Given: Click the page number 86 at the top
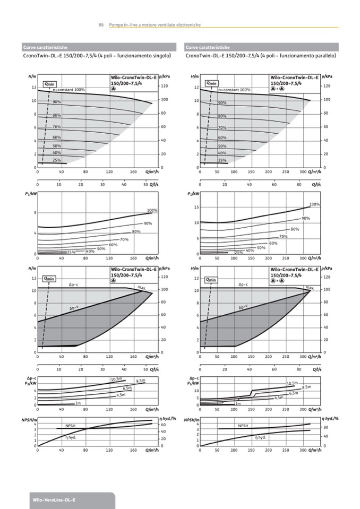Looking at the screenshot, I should tap(101, 25).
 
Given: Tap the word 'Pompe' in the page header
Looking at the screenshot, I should tap(115, 25).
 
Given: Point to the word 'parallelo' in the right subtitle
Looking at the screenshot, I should tap(324, 55).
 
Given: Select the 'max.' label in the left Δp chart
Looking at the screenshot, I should tap(142, 287).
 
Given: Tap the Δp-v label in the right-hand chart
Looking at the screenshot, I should tap(243, 307).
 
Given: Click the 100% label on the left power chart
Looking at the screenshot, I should tap(152, 210).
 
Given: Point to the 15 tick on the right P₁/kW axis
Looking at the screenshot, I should tap(196, 207).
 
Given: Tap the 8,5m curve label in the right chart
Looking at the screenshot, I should tap(306, 387).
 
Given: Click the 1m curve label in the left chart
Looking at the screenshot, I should tap(78, 403).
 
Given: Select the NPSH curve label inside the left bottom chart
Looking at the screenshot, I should tap(71, 426).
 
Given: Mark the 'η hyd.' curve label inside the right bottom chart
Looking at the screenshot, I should tap(260, 437).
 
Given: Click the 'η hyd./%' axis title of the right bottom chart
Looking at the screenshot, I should tap(330, 419).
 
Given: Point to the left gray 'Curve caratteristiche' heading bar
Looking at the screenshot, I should tap(101, 47).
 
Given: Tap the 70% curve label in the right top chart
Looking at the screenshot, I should tap(222, 128).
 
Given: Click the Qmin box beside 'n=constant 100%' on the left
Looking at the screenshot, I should tap(49, 83).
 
